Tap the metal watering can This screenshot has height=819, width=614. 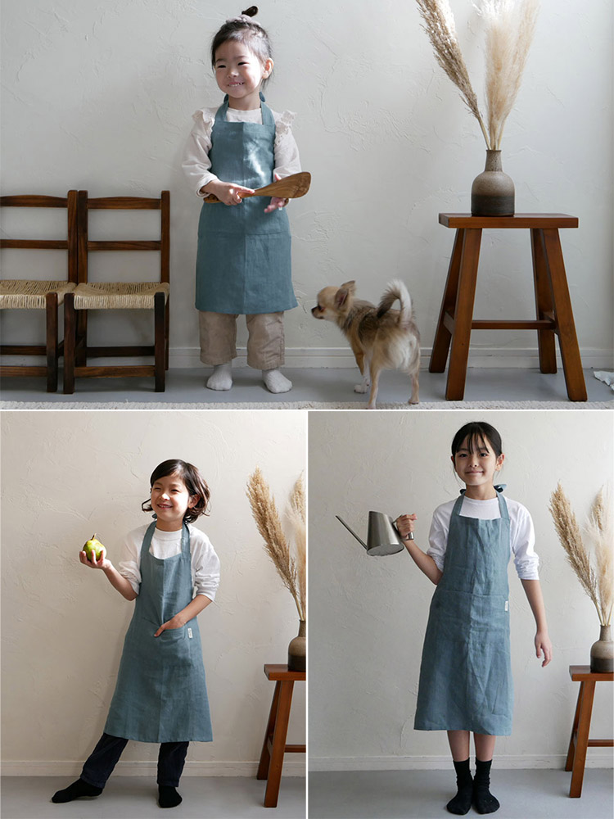[383, 533]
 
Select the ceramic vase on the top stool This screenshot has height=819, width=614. [493, 186]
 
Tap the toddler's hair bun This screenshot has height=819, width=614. [250, 12]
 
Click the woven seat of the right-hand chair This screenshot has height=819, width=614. [121, 293]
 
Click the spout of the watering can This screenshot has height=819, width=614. [351, 531]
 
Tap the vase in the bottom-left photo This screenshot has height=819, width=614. [297, 647]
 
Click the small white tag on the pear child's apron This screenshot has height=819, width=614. [189, 633]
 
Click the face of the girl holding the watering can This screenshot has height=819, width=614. [476, 464]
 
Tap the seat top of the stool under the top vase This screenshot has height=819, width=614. [508, 220]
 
